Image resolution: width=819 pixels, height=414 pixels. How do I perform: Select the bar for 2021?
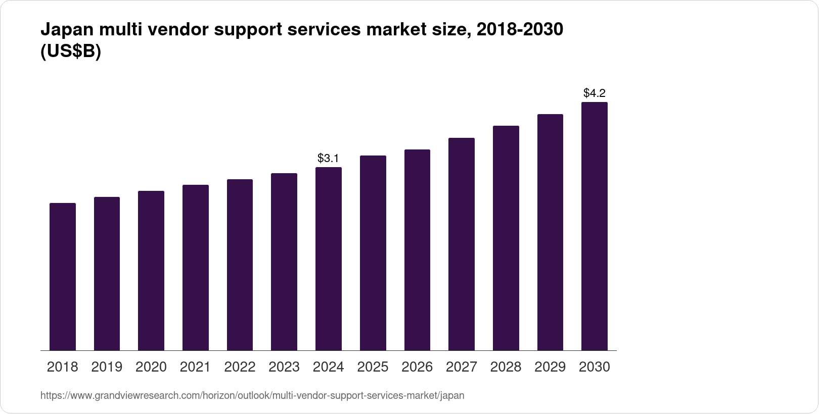point(196,268)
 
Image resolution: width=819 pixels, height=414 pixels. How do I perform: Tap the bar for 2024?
point(329,258)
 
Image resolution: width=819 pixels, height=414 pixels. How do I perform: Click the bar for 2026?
point(417,250)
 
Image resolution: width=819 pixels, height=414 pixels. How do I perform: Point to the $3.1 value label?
point(328,158)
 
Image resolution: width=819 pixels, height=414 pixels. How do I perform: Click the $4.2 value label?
point(594,93)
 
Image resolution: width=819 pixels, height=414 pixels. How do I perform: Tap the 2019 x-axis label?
point(107,367)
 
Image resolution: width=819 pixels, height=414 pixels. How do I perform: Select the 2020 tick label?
point(151,367)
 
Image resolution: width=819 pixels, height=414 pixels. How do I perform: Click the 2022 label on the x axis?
point(240,367)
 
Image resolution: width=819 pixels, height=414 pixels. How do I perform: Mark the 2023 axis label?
point(284,367)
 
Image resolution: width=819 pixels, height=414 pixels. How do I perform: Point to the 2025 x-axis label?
point(373,367)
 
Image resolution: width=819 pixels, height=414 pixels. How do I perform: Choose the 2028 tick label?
point(506,367)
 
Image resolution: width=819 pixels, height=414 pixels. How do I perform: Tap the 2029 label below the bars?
point(550,367)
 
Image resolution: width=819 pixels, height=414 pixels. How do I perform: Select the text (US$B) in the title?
point(71,52)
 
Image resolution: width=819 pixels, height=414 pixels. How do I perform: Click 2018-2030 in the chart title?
point(520,30)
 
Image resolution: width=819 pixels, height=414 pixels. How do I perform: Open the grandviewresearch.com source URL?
point(252,396)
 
